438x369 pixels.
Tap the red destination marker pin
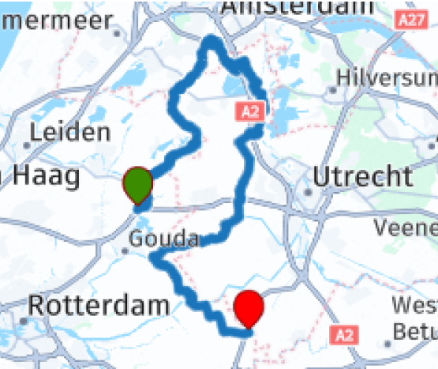pyautogui.click(x=249, y=307)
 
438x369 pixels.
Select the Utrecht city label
pyautogui.click(x=362, y=176)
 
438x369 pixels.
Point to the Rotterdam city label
pyautogui.click(x=99, y=304)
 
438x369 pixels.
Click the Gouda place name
pyautogui.click(x=164, y=238)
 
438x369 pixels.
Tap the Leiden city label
pyautogui.click(x=70, y=132)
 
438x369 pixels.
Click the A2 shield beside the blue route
pyautogui.click(x=250, y=112)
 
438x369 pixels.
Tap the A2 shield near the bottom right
pyautogui.click(x=343, y=335)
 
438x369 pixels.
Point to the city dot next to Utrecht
pyautogui.click(x=306, y=191)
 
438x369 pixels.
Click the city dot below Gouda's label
pyautogui.click(x=125, y=251)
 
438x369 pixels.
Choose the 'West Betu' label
pyautogui.click(x=414, y=315)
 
